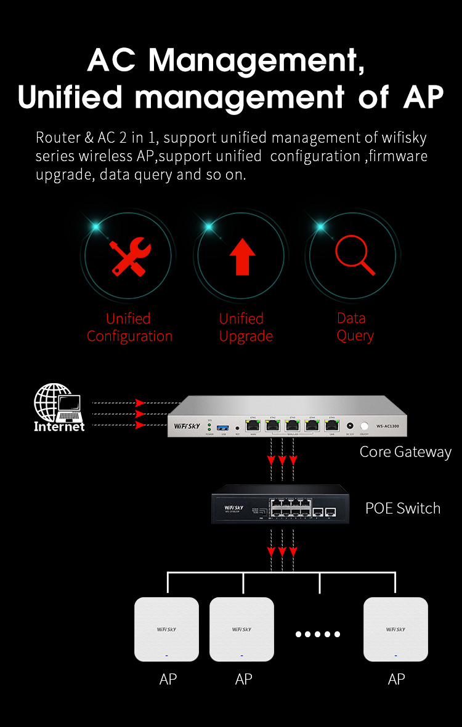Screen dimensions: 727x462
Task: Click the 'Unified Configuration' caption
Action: (x=129, y=327)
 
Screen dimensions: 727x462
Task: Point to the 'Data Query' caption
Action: (x=355, y=327)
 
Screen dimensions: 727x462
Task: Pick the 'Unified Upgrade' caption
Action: (x=245, y=327)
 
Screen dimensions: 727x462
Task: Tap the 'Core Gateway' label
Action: (x=405, y=452)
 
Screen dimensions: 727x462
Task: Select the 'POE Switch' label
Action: (x=403, y=509)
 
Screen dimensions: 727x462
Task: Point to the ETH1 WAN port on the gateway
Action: (x=252, y=425)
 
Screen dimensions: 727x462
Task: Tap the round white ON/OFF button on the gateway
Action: (x=365, y=426)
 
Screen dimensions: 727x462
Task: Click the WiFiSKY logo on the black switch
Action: (x=235, y=507)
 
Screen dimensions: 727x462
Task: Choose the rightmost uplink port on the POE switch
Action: (x=331, y=512)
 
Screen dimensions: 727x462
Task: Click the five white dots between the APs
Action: (x=318, y=634)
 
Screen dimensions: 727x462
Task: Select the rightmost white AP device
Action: (x=395, y=629)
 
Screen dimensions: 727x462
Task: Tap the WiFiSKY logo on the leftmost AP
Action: (x=166, y=629)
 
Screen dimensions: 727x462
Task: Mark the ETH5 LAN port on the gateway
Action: (x=331, y=425)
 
